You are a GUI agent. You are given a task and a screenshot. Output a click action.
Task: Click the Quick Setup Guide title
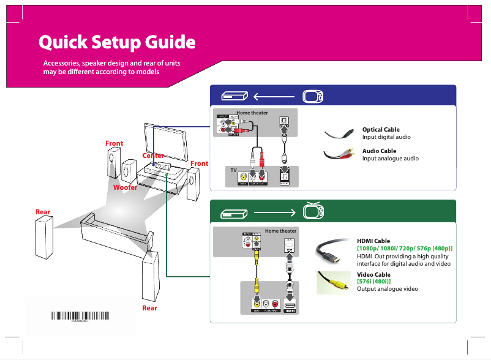[x=117, y=42]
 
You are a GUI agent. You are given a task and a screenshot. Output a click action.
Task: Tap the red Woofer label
[x=125, y=187]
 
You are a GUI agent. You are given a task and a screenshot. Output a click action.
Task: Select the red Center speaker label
[x=153, y=156]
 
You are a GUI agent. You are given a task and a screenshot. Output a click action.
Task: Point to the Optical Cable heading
[x=381, y=130]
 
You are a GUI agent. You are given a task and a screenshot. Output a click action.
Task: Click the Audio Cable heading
[x=379, y=151]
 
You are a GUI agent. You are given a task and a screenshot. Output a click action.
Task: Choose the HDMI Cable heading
[x=373, y=241]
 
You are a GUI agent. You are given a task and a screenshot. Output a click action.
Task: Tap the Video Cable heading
[x=373, y=275]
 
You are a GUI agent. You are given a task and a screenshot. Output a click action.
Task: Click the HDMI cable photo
[x=333, y=251]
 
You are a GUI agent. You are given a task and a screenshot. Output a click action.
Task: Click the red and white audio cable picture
[x=340, y=154]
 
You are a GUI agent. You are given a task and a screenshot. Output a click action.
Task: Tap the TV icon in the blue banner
[x=312, y=97]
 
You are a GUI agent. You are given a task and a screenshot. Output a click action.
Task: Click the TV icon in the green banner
[x=312, y=212]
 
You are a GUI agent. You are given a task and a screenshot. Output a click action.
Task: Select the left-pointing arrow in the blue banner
[x=274, y=97]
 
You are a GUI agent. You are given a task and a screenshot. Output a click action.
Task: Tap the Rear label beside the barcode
[x=149, y=308]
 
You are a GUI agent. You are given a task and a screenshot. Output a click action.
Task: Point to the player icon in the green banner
[x=234, y=213]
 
